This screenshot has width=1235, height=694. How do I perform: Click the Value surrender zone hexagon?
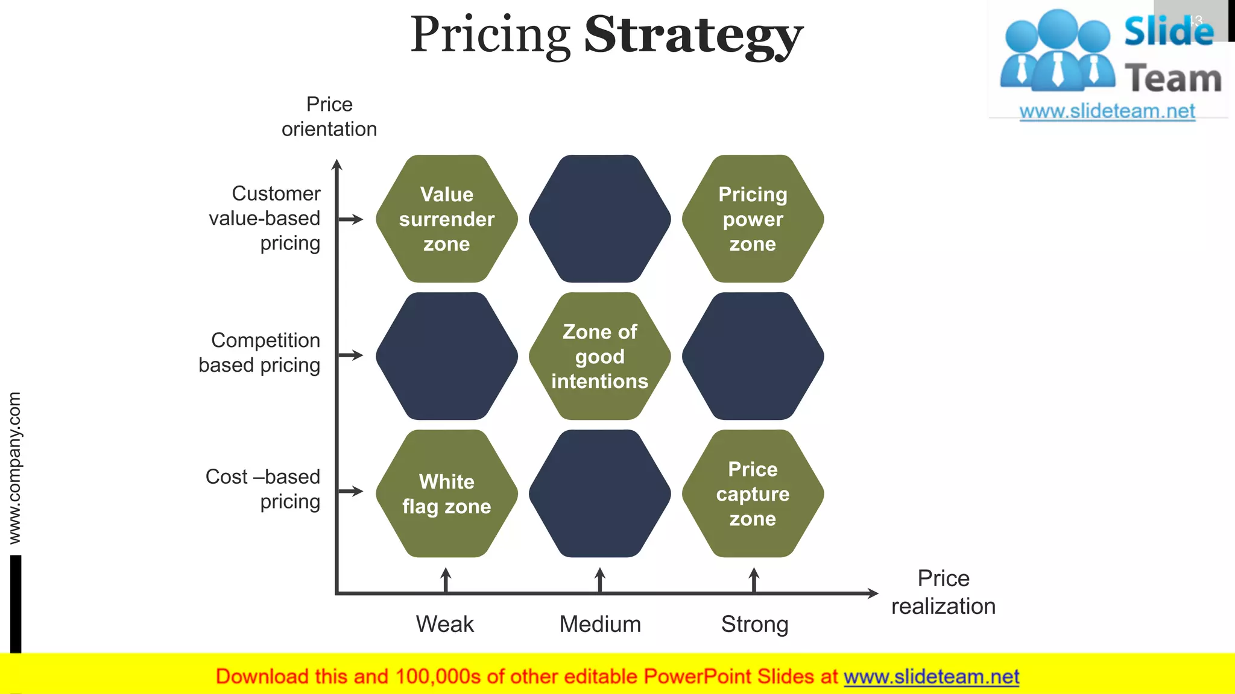point(446,219)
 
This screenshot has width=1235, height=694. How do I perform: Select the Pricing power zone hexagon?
point(753,219)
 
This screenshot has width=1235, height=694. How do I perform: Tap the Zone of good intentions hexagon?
point(599,356)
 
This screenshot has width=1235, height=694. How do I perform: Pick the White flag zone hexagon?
point(446,493)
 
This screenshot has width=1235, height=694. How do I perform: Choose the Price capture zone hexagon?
point(753,493)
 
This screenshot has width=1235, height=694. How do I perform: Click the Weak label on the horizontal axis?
point(445,624)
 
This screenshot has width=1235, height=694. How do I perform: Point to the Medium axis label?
point(600,624)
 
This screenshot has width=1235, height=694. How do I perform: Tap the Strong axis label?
point(754,625)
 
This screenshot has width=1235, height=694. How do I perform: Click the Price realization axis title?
point(943,592)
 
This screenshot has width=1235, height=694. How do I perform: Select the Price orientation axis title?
point(329,116)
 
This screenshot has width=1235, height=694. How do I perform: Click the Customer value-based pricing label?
point(265,218)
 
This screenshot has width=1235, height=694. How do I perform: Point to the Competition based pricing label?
point(260,352)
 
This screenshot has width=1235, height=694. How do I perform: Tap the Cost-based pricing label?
point(264,489)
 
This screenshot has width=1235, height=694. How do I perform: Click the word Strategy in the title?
point(693,35)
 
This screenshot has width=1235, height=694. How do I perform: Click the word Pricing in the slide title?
point(490,35)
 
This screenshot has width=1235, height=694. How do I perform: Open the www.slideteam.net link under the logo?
point(1107,111)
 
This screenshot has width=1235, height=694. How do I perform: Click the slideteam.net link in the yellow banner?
point(931,677)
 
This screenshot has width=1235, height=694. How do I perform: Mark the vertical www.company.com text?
point(14,467)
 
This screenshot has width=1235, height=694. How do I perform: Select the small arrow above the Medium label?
point(599,580)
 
